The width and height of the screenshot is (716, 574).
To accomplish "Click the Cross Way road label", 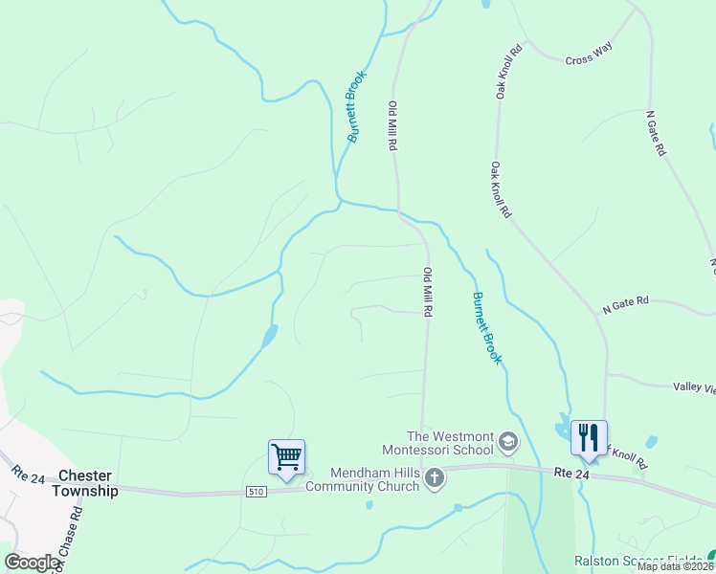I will point(589,53).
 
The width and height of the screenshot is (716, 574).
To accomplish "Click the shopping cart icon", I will point(286,456).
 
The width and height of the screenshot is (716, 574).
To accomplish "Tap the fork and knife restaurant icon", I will point(589,437).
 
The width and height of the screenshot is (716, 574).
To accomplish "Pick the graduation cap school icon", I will point(507,442).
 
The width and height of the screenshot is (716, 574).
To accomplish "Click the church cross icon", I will point(435,477).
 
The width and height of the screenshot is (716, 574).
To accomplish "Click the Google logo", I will point(33,563).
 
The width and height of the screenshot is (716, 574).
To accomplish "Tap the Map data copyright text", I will point(676,566).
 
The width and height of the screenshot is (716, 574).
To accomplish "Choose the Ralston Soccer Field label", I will point(638,561).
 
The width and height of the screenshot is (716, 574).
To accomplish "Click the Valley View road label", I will point(693,386).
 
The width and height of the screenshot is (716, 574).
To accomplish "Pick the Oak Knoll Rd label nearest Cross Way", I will point(507,72).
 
